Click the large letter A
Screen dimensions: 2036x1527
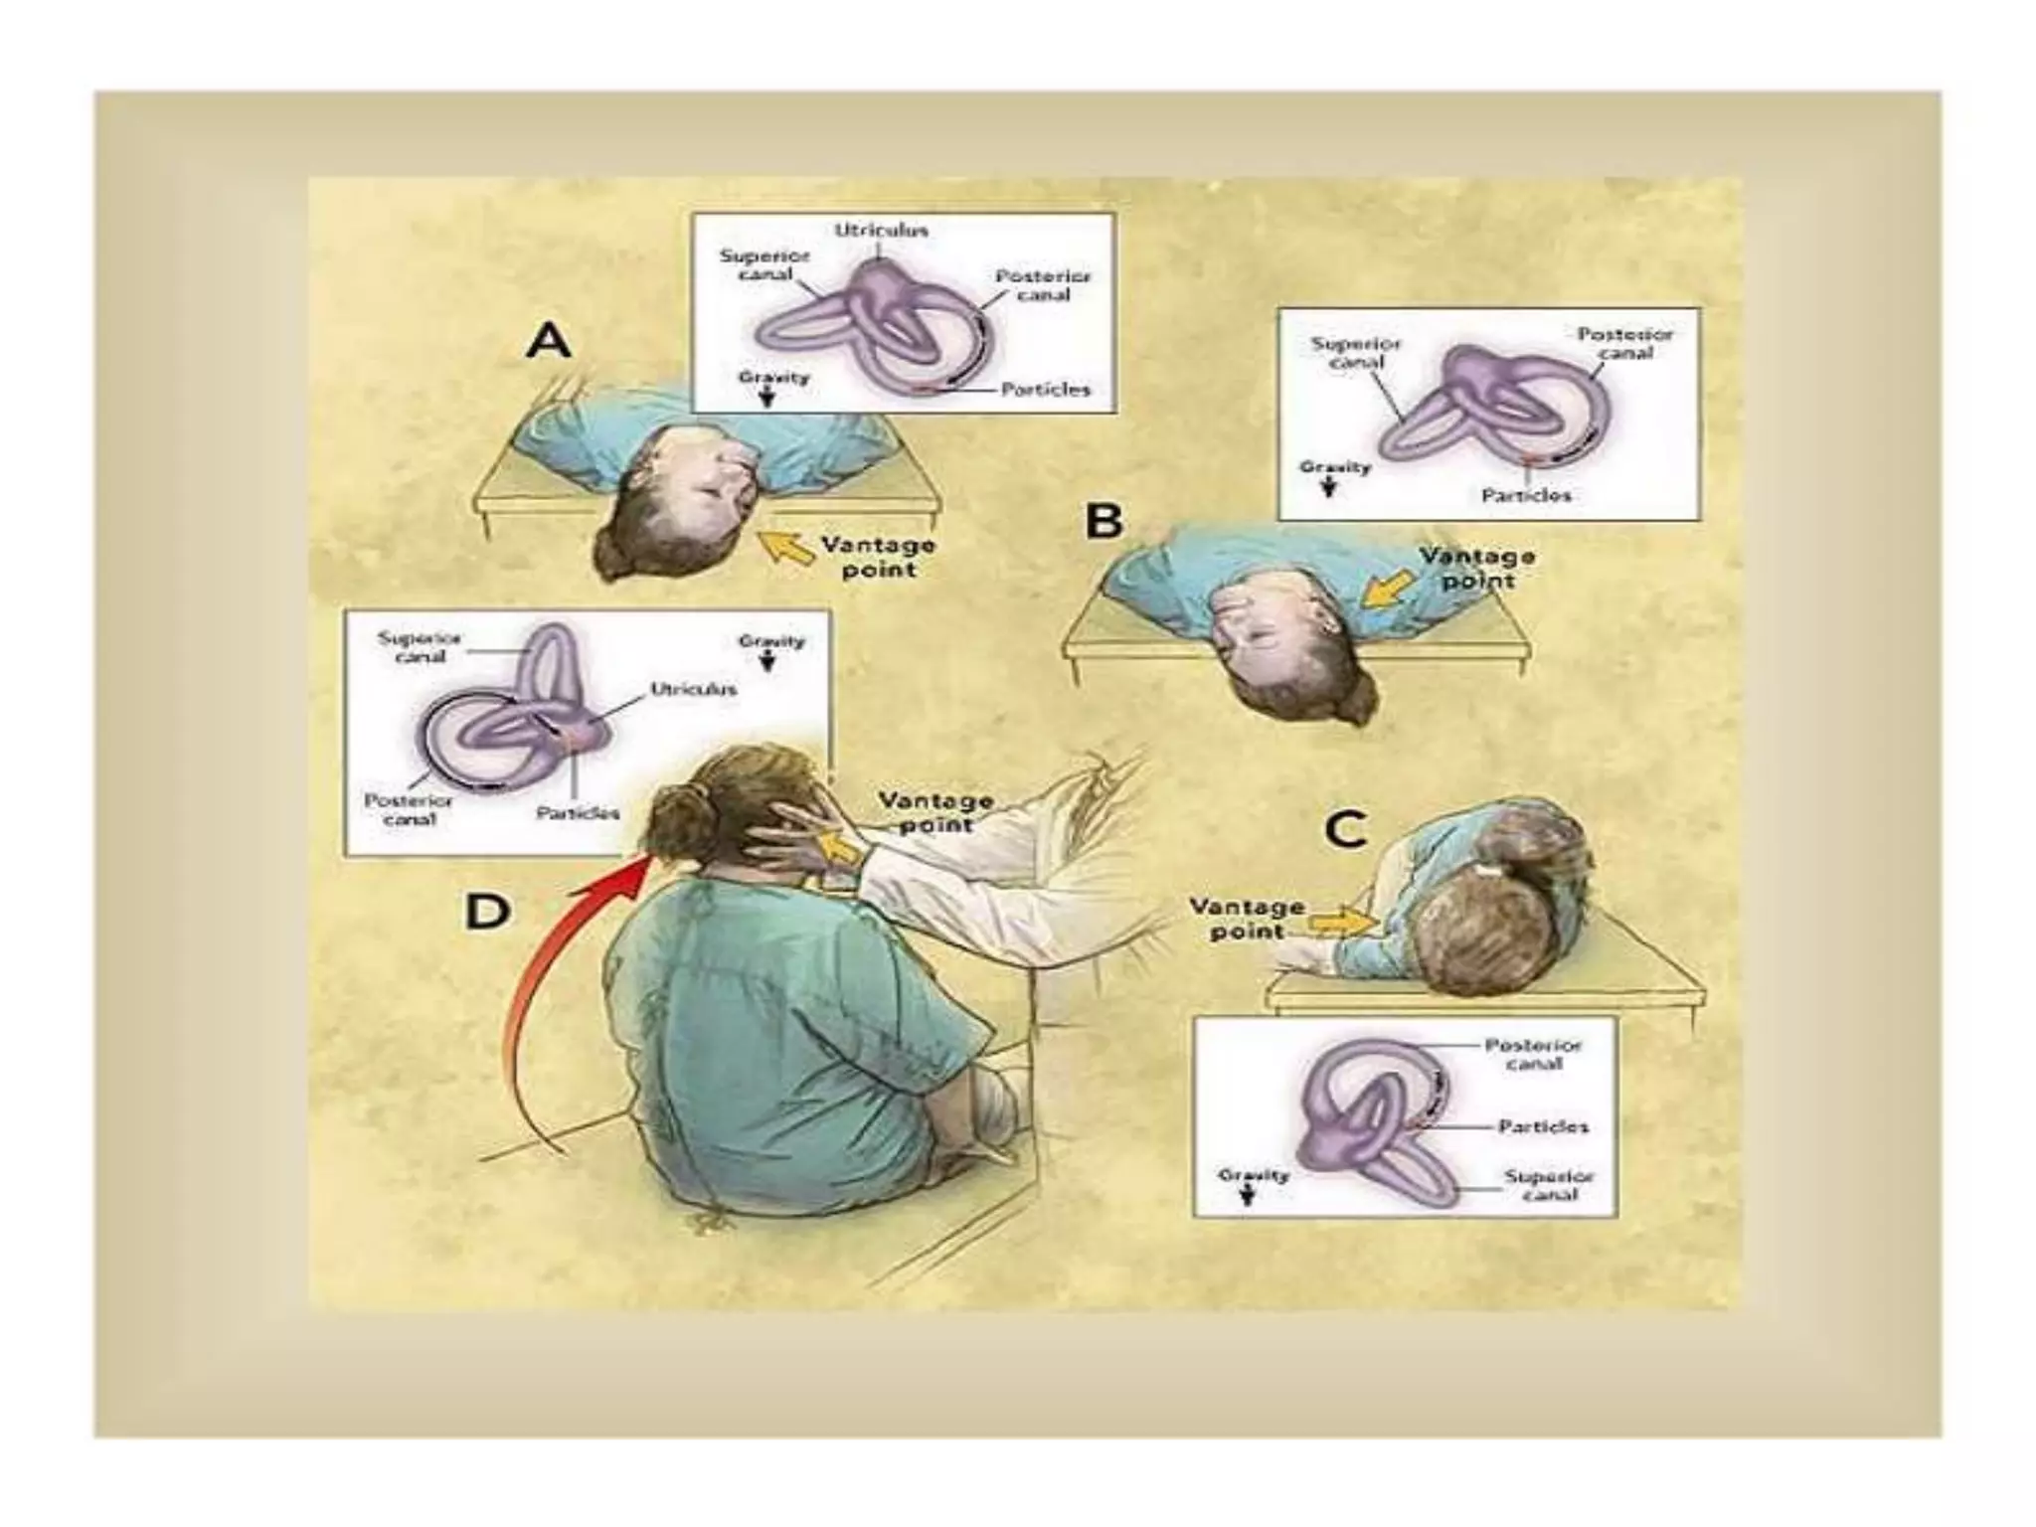pos(549,342)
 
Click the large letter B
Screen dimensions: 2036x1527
pos(1103,521)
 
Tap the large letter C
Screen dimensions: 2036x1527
pos(1346,829)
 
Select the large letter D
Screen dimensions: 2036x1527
pos(488,911)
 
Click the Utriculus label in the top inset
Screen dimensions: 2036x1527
pos(881,230)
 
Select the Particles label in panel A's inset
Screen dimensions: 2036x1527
pos(1045,390)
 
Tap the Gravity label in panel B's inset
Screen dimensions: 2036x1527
pos(1335,467)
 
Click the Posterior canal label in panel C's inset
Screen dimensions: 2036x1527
pos(1532,1054)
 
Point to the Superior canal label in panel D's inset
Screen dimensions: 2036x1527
pos(419,647)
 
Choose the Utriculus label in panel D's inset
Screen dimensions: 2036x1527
pos(694,689)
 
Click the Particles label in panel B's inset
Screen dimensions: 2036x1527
pos(1526,495)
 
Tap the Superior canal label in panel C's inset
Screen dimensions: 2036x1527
pos(1549,1185)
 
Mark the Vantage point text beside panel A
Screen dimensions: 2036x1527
pos(878,557)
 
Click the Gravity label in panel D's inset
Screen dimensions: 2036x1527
pos(771,641)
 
